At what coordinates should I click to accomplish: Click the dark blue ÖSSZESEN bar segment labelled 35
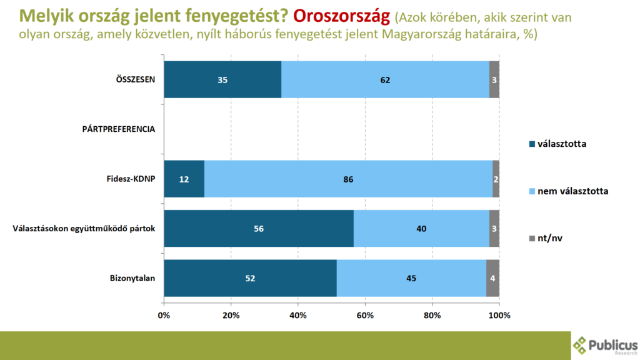click(222, 79)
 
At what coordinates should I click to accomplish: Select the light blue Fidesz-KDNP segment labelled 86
click(348, 179)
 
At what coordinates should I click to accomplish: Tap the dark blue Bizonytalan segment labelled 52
click(250, 278)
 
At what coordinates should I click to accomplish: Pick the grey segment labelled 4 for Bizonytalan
click(492, 278)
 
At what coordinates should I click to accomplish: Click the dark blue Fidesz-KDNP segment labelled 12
click(184, 179)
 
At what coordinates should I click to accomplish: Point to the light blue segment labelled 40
click(421, 229)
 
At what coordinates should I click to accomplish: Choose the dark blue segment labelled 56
click(259, 229)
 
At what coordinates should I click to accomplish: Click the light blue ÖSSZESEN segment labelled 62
click(385, 79)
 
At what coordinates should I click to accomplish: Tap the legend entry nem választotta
click(568, 191)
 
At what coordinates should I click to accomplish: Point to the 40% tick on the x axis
click(298, 315)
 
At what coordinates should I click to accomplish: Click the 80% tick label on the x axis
click(432, 315)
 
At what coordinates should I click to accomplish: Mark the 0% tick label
click(164, 315)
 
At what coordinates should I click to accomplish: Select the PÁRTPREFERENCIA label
click(118, 129)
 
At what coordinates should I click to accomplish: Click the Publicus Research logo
click(605, 346)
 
